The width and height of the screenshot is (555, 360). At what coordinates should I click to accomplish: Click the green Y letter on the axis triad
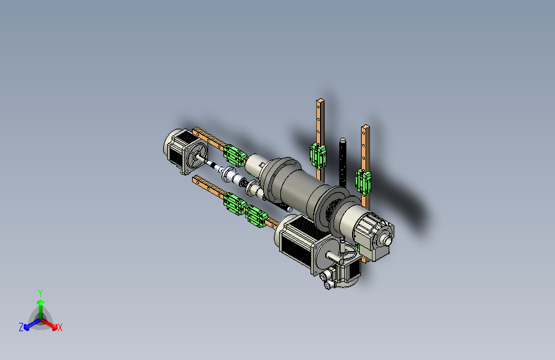(x=40, y=293)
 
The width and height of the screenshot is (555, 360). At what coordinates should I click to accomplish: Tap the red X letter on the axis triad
(x=60, y=328)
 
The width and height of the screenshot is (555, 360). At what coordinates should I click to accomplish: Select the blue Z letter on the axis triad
(x=21, y=327)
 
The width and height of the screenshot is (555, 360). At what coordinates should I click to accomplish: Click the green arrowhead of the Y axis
(x=41, y=302)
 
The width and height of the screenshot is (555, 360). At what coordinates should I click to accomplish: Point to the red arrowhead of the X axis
(x=54, y=326)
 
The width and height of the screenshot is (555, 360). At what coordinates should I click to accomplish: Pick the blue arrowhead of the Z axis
(x=27, y=327)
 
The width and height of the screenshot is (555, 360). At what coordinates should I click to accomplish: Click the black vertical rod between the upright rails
(x=342, y=163)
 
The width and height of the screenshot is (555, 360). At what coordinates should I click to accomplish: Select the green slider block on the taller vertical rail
(x=318, y=155)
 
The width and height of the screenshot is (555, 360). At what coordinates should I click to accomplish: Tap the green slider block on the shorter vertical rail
(x=363, y=181)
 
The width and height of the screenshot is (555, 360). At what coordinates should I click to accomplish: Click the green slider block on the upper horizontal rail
(x=234, y=155)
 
